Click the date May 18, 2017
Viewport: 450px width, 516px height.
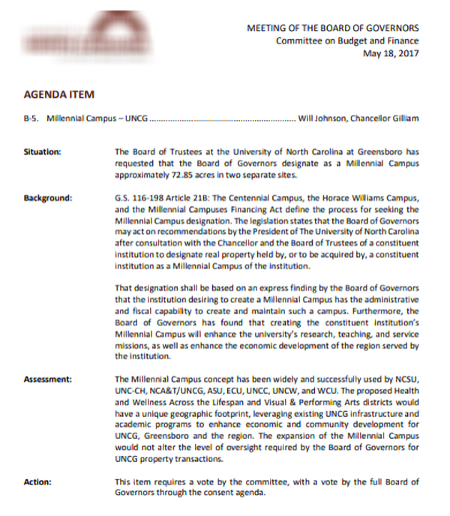pos(391,53)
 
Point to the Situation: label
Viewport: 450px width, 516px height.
pos(42,151)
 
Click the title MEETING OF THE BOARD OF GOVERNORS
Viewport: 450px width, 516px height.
pos(333,28)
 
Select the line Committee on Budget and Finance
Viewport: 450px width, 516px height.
pos(347,40)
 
